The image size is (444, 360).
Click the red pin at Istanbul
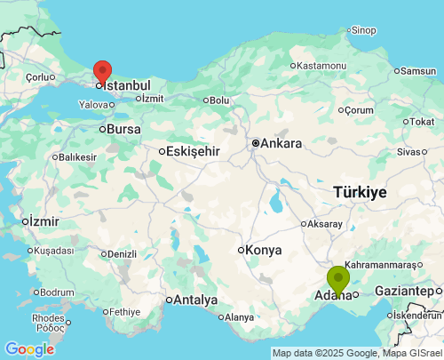coord(102,70)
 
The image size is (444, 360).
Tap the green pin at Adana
coord(338,277)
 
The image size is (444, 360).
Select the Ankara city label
coord(281,143)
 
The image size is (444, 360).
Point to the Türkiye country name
coord(360,192)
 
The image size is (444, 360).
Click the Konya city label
coord(263,250)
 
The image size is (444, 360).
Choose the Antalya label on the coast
coord(195,300)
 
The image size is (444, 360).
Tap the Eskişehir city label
coord(193,151)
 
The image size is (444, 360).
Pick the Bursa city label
coord(123,130)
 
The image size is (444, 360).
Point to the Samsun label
coord(418,71)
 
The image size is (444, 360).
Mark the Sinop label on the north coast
coord(363,30)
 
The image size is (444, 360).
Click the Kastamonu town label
coord(321,66)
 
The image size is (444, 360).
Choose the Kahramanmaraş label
coord(380,265)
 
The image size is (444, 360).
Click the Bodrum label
coord(58,292)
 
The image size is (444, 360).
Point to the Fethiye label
coord(126,312)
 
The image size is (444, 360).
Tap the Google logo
coord(28,349)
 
